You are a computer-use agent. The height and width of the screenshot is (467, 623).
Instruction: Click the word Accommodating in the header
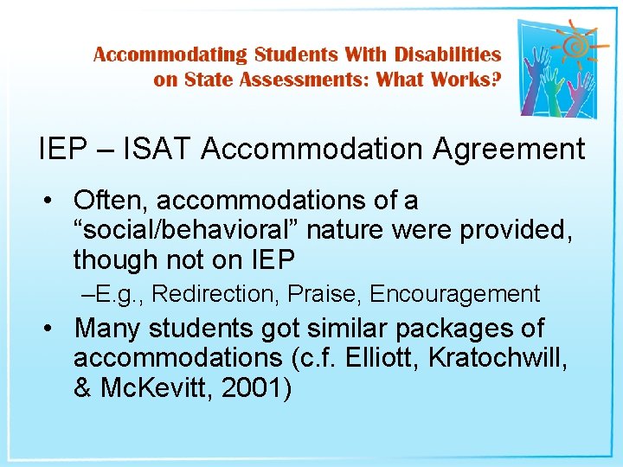coord(170,54)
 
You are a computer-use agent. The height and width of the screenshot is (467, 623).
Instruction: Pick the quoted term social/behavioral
coord(185,230)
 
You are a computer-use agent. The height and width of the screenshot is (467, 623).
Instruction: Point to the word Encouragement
coord(454,294)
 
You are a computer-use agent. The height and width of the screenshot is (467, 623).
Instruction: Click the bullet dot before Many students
coord(52,329)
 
